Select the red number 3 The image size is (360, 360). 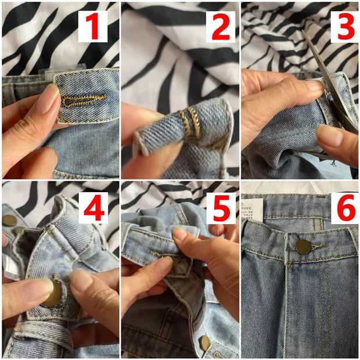click(x=345, y=27)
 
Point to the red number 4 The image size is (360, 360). click(x=94, y=207)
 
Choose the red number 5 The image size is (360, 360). click(x=221, y=207)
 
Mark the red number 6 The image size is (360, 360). click(x=345, y=208)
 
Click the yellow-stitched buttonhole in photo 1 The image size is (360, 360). click(x=85, y=100)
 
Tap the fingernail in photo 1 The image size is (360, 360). click(x=48, y=99)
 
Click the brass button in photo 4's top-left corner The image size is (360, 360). click(x=9, y=220)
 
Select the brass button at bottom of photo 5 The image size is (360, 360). click(x=205, y=343)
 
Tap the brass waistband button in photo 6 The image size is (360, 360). click(x=303, y=247)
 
